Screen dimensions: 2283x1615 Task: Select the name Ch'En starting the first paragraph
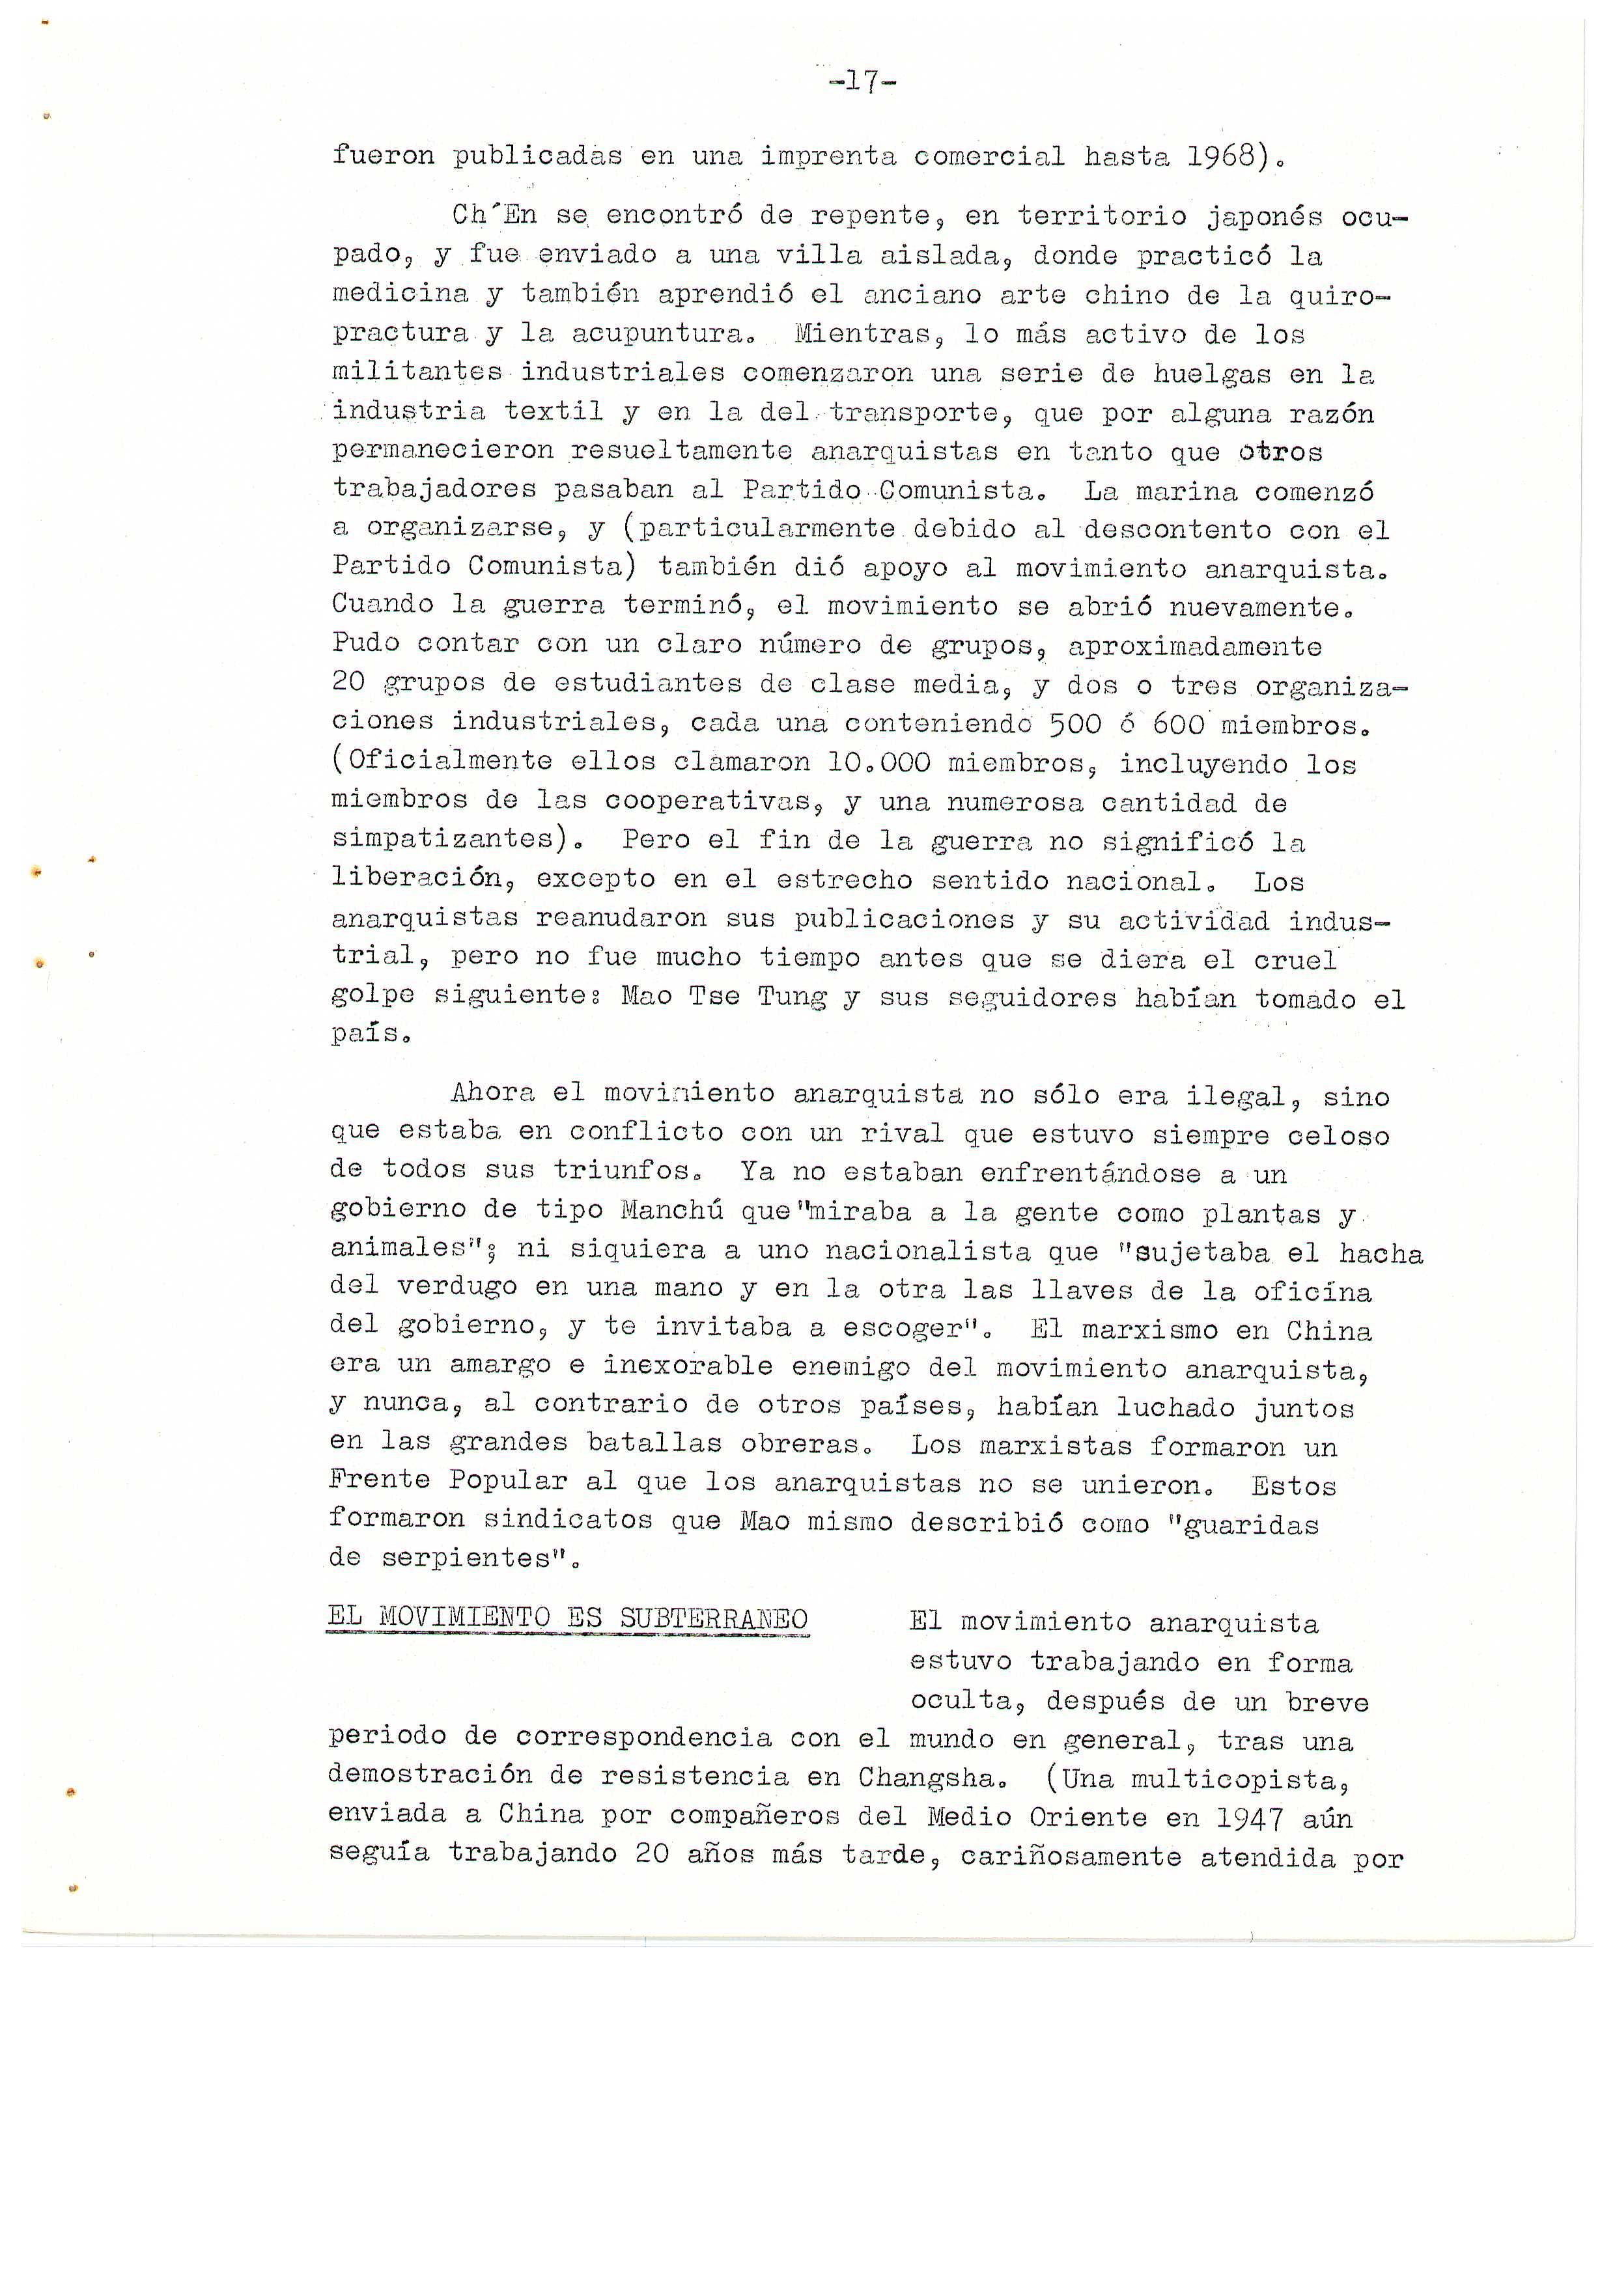[493, 215]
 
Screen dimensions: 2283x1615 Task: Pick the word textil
[553, 411]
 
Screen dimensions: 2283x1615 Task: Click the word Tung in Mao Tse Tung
[792, 997]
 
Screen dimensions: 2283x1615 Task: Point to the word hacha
[1381, 1253]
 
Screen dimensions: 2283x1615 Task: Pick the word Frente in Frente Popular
[379, 1480]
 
